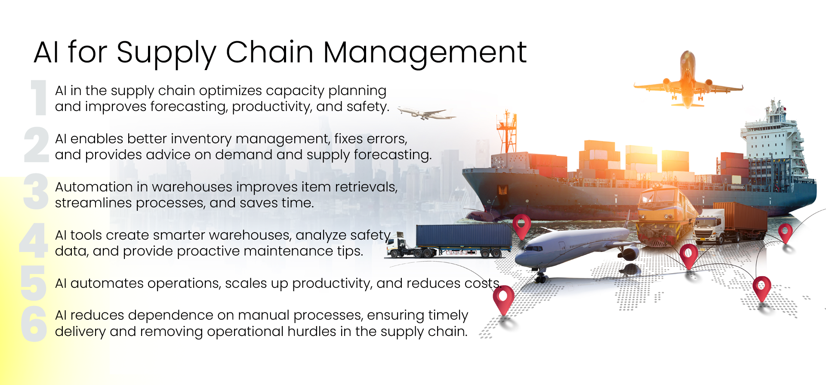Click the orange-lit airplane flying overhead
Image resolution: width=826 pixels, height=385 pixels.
[x=688, y=80]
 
